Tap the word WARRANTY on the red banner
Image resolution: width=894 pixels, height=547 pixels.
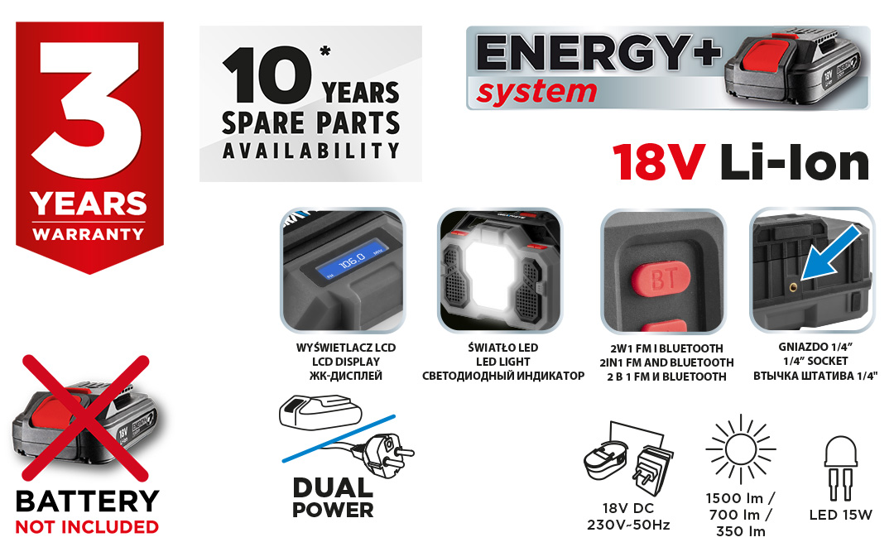point(89,234)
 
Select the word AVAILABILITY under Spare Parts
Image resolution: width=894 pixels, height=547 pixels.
point(310,151)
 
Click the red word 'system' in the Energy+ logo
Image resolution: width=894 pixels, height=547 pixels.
point(536,92)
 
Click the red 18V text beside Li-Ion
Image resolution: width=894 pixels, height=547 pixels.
point(659,162)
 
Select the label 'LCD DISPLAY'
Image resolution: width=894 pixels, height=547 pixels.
point(345,362)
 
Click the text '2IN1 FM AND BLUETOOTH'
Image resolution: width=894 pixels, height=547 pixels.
point(666,362)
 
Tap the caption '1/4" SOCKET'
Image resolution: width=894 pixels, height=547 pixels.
point(815,362)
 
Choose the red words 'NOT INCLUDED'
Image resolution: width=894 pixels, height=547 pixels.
point(87,527)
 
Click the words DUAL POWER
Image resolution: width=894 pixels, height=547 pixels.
point(333,497)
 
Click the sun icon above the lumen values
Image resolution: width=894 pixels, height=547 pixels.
point(741,449)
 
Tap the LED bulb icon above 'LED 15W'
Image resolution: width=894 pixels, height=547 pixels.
point(840,468)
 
